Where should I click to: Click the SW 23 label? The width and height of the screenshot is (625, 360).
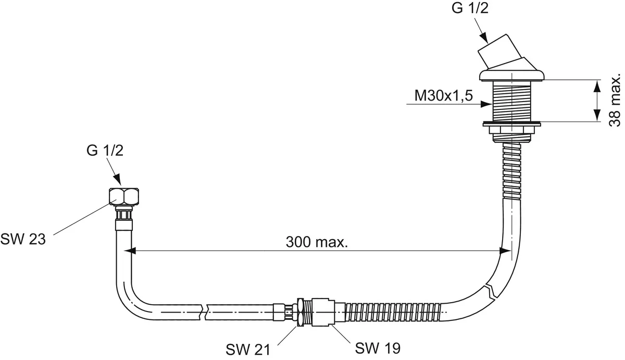[23, 239]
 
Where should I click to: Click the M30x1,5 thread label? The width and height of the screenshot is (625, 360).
[444, 96]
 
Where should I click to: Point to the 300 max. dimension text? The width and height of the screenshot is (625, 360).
[317, 242]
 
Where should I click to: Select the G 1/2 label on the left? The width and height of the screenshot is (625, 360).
[105, 152]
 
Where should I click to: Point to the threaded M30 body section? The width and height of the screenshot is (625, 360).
[512, 102]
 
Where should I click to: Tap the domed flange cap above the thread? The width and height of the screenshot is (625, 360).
[512, 76]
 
